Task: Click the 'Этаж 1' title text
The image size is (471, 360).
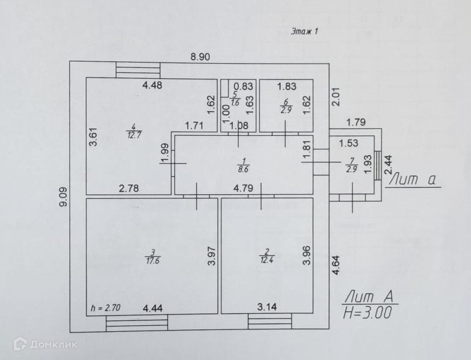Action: coord(304,32)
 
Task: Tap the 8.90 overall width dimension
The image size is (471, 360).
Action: coord(200,57)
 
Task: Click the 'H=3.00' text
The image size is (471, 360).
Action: coord(368,313)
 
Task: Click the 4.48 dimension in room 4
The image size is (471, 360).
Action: coord(152,85)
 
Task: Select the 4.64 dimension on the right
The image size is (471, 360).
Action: coord(334,265)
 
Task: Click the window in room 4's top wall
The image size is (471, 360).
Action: coord(138,70)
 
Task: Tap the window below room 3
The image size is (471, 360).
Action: coord(137,323)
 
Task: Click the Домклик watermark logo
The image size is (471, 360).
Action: coord(45,344)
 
